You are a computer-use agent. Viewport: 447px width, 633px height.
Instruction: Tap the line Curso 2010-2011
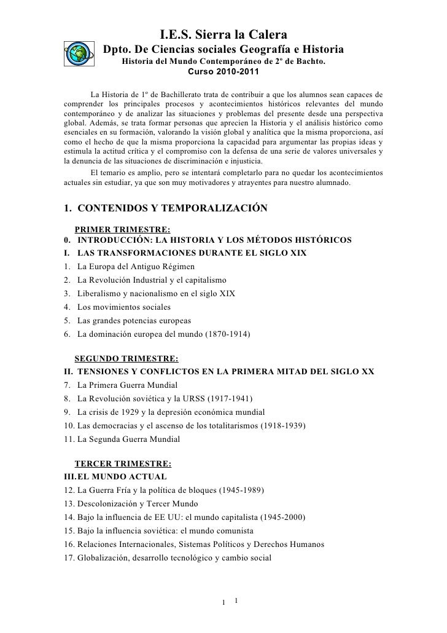click(223, 73)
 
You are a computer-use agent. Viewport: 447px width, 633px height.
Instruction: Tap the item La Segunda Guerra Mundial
click(129, 439)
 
